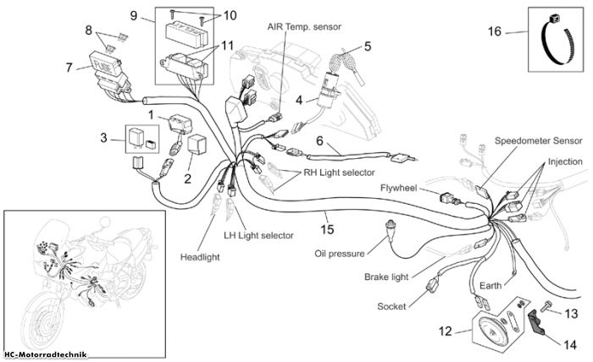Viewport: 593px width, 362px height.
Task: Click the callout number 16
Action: pos(494,31)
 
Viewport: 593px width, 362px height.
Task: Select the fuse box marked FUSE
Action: pos(106,64)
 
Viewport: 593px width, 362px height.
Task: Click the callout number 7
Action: pos(69,68)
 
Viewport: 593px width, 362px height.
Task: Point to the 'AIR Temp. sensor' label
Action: pos(304,27)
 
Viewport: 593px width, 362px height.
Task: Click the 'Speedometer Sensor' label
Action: pos(539,140)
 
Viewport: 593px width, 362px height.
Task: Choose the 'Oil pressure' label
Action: pos(340,253)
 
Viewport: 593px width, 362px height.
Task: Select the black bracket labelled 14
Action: pos(536,322)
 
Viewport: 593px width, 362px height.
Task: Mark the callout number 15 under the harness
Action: pos(328,228)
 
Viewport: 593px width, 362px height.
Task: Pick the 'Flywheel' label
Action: pos(398,188)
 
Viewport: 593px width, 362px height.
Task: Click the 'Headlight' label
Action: pos(200,257)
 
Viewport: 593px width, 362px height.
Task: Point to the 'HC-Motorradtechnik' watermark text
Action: pos(46,354)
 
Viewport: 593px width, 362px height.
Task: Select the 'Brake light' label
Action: pos(386,277)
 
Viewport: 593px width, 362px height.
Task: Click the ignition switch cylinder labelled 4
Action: pos(329,90)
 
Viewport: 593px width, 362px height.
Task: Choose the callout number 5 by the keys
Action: pos(368,47)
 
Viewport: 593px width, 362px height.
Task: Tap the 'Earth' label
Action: pos(490,285)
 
